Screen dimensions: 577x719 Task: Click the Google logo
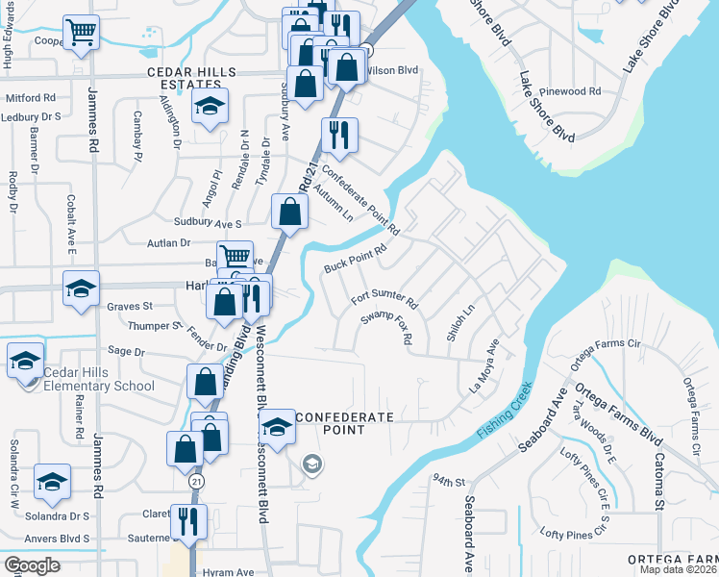pyautogui.click(x=33, y=564)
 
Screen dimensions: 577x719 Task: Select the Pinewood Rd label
pyautogui.click(x=571, y=91)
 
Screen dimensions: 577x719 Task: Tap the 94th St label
pyautogui.click(x=448, y=479)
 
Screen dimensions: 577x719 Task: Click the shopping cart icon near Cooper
pyautogui.click(x=82, y=32)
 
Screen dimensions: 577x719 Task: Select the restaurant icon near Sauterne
pyautogui.click(x=188, y=520)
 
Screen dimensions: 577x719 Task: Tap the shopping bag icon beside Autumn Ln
pyautogui.click(x=289, y=212)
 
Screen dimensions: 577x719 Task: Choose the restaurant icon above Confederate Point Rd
pyautogui.click(x=337, y=135)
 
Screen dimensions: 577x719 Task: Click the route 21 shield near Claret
pyautogui.click(x=196, y=479)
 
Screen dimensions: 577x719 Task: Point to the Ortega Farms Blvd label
pyautogui.click(x=616, y=414)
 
